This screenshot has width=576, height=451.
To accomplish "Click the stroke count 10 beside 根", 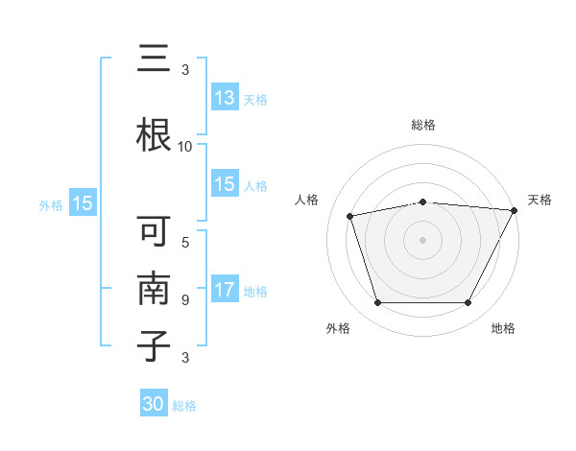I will pyautogui.click(x=184, y=147).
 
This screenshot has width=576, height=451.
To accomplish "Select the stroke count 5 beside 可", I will pyautogui.click(x=184, y=243).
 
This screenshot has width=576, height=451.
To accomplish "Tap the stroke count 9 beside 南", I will pyautogui.click(x=184, y=299).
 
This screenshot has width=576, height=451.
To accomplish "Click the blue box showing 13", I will pyautogui.click(x=225, y=98).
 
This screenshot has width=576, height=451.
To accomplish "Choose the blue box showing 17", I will pyautogui.click(x=225, y=290).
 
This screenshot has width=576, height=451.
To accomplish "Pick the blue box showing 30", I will pyautogui.click(x=154, y=404).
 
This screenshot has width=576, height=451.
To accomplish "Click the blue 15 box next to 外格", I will pyautogui.click(x=83, y=203).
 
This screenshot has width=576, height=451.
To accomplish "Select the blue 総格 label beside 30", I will pyautogui.click(x=184, y=406).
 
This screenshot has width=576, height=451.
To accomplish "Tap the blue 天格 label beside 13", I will pyautogui.click(x=254, y=100).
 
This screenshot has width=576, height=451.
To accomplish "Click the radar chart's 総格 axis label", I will pyautogui.click(x=422, y=125).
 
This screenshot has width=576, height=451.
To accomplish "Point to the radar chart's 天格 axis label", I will pyautogui.click(x=540, y=200).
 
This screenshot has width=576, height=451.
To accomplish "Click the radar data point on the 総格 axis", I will pyautogui.click(x=422, y=202).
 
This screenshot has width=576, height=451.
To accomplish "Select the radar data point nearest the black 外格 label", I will pyautogui.click(x=377, y=303).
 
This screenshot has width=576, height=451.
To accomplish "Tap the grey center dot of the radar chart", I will pyautogui.click(x=422, y=240).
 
